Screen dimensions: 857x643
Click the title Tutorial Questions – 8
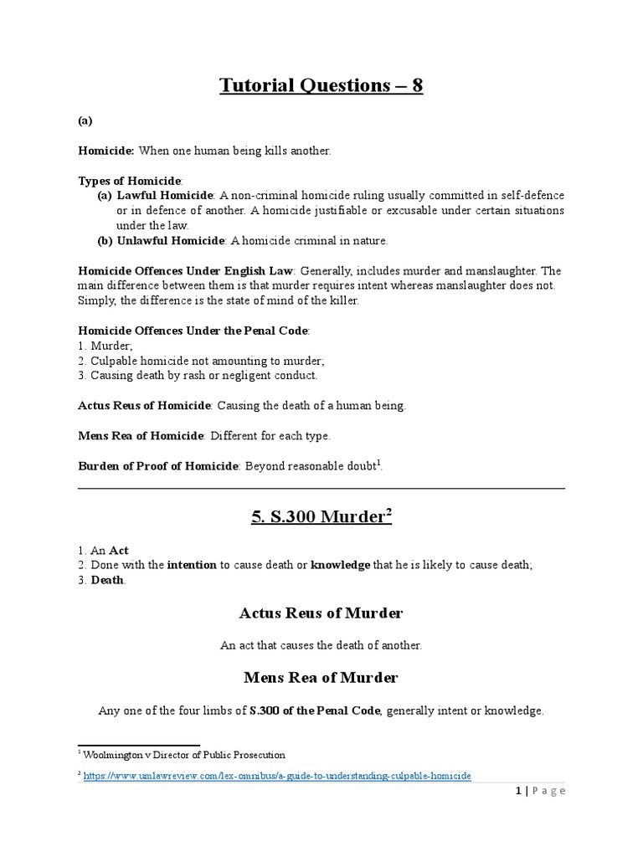(321, 85)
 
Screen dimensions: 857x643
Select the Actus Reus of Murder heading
(321, 613)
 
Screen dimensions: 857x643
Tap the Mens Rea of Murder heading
(321, 677)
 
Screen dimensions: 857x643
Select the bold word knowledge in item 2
(340, 566)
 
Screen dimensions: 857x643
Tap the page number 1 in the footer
(519, 791)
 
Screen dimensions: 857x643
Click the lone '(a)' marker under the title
(85, 121)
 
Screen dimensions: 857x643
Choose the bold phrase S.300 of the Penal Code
(315, 711)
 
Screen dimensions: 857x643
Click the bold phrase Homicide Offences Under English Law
(185, 271)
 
